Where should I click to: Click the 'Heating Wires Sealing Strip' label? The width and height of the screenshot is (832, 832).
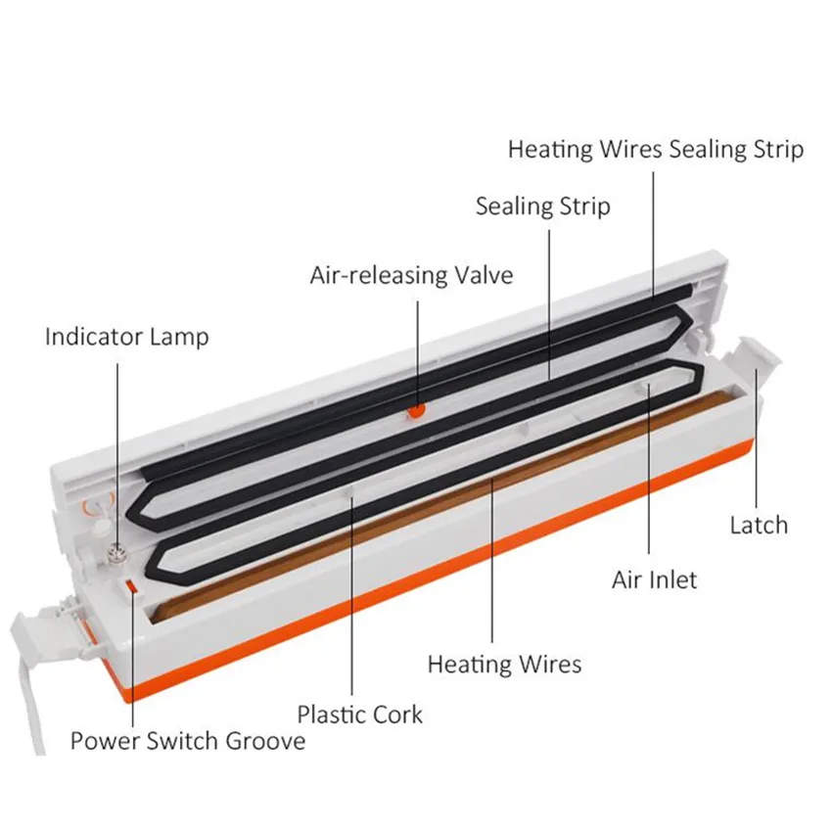[656, 150]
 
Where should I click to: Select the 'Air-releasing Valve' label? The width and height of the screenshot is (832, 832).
[411, 275]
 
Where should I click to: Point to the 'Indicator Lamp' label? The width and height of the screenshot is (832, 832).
[126, 337]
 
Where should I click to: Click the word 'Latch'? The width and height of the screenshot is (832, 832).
[758, 525]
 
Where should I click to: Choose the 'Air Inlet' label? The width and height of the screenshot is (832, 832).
[654, 579]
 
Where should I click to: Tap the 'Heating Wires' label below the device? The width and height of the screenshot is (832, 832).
[504, 665]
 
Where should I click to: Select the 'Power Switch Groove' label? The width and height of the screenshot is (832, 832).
[187, 740]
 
